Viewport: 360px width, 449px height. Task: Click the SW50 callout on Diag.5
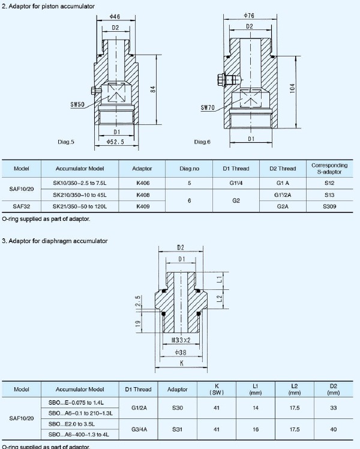[77, 104]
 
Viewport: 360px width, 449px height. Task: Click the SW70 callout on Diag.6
[208, 108]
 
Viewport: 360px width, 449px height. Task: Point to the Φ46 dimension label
[115, 17]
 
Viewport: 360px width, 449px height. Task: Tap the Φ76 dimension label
[249, 15]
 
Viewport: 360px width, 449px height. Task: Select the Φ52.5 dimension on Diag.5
[115, 142]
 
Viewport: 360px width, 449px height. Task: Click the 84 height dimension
[153, 89]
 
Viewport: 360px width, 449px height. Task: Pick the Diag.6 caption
[202, 142]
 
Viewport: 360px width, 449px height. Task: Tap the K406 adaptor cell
[143, 182]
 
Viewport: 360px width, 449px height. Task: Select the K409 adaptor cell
[143, 206]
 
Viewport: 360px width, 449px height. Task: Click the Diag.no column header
[189, 169]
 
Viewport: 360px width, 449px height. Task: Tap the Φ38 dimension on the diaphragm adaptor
[180, 353]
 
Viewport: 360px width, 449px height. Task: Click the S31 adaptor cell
[177, 429]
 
